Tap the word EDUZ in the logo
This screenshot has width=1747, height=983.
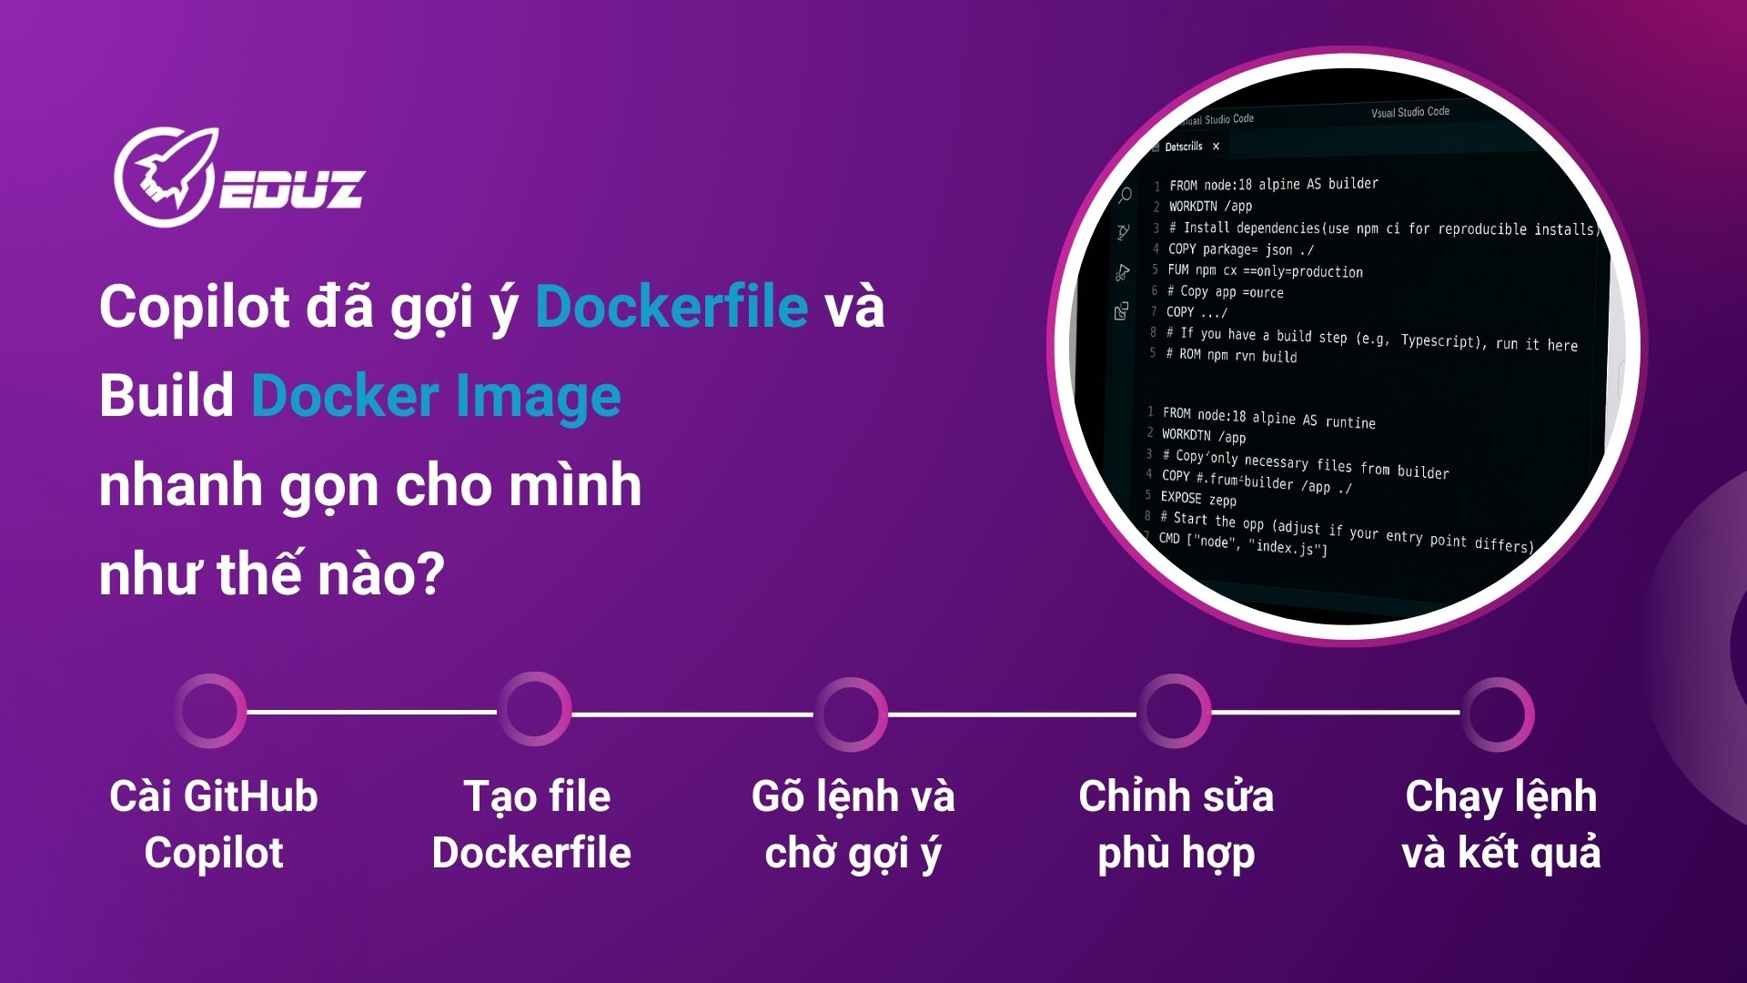[x=291, y=188]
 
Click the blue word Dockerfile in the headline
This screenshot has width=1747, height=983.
[x=672, y=306]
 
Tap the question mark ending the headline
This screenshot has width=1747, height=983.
[x=428, y=574]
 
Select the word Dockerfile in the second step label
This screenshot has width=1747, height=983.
[x=531, y=853]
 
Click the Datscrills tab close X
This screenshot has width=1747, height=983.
[x=1216, y=147]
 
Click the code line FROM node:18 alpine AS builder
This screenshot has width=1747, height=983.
[x=1274, y=184]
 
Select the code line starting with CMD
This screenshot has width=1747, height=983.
[x=1243, y=543]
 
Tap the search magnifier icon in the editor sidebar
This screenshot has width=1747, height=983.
[x=1125, y=195]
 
